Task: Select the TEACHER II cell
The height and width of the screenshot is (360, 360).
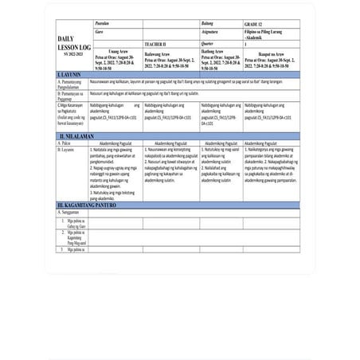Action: click(159, 45)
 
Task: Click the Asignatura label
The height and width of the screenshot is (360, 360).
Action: click(212, 35)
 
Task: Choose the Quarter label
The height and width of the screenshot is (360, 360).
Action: click(209, 45)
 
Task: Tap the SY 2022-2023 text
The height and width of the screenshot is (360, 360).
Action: click(68, 53)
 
